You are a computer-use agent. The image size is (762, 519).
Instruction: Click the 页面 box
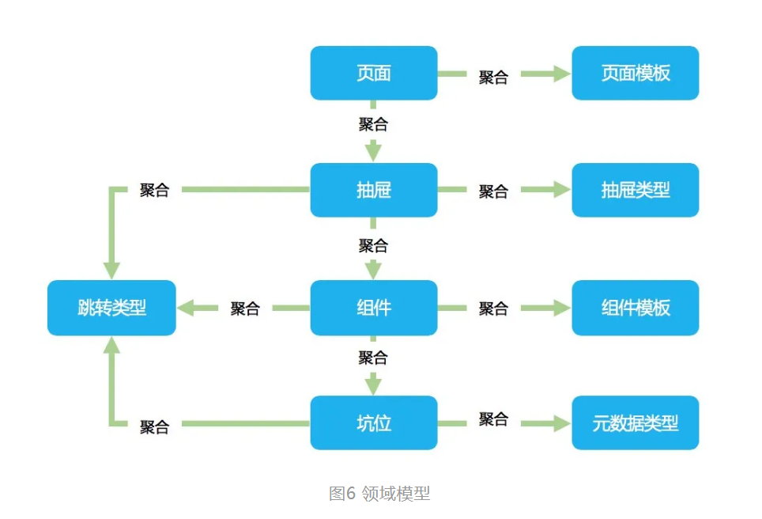[373, 73]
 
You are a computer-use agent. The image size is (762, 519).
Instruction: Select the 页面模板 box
[635, 73]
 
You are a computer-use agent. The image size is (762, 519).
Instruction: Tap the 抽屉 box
[373, 190]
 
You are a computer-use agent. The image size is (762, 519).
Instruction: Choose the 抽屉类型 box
[635, 190]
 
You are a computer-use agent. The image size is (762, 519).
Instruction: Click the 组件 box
[373, 308]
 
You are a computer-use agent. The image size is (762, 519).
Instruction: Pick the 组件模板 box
[635, 308]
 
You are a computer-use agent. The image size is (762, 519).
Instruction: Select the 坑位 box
[373, 423]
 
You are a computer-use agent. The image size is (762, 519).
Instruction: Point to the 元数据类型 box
[635, 423]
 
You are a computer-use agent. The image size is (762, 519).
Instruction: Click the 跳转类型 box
[111, 308]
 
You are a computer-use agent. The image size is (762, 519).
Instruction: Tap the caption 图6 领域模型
[379, 494]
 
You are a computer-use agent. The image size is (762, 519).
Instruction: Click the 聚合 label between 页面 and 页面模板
[493, 77]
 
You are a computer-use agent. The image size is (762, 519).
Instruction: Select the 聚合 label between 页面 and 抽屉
[373, 124]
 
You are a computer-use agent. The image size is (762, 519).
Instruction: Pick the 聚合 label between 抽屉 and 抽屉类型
[493, 191]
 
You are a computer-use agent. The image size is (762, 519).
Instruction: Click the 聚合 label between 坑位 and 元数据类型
[493, 419]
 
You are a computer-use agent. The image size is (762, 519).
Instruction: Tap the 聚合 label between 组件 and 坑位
[373, 358]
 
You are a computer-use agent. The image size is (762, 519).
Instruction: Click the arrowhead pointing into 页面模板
[562, 74]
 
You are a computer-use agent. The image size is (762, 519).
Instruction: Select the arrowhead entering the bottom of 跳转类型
[111, 344]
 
